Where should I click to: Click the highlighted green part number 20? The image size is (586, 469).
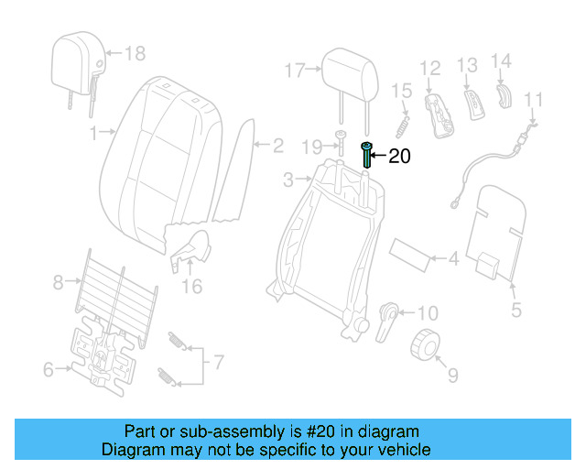pyautogui.click(x=367, y=156)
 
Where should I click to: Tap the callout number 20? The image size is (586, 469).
pyautogui.click(x=400, y=157)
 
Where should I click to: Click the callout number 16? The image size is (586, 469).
pyautogui.click(x=190, y=287)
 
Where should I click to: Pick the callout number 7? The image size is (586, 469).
pyautogui.click(x=218, y=362)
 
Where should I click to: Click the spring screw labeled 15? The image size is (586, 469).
pyautogui.click(x=400, y=120)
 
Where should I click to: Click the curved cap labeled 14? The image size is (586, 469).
pyautogui.click(x=503, y=93)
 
